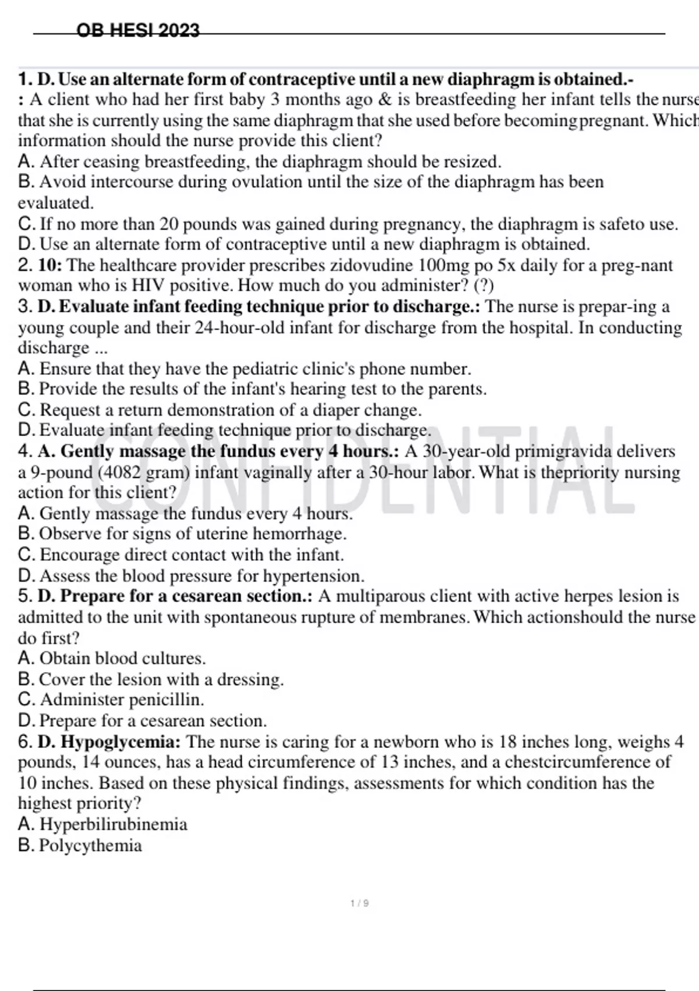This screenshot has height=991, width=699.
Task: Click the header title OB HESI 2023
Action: click(x=138, y=30)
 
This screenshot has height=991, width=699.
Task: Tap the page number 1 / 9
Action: click(x=359, y=904)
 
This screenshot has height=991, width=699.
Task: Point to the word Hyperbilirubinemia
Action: click(x=114, y=824)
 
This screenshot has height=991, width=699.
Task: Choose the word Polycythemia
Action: click(x=90, y=845)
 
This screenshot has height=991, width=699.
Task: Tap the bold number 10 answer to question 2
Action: click(x=49, y=265)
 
